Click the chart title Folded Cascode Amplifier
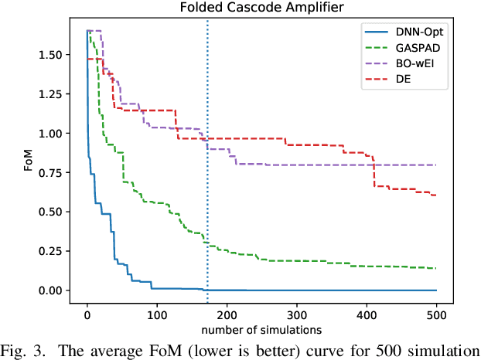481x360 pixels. tap(261, 9)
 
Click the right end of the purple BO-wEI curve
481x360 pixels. tap(437, 165)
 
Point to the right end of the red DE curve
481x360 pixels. tap(437, 195)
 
